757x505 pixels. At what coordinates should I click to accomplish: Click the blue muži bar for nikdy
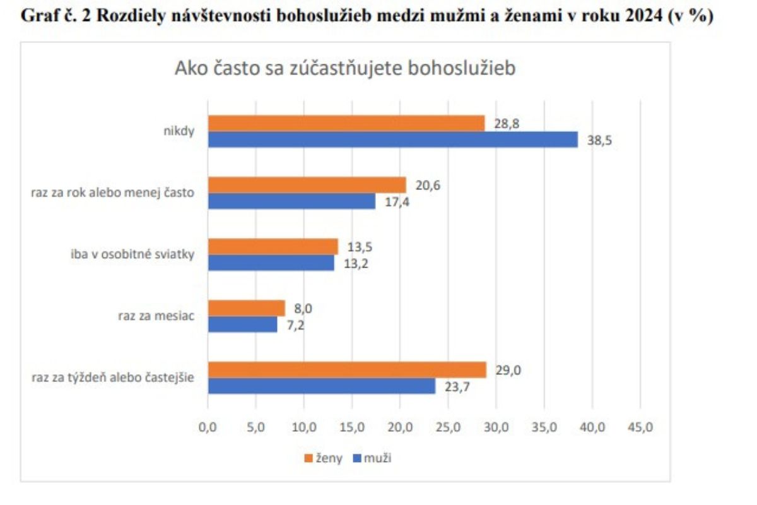click(392, 140)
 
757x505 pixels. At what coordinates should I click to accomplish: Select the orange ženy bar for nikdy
click(346, 123)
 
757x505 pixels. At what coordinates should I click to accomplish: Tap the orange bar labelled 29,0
click(346, 370)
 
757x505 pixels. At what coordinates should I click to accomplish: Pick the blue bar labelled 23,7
click(321, 386)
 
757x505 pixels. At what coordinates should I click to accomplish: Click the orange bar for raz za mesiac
click(246, 308)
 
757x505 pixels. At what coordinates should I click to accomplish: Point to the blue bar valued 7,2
click(242, 324)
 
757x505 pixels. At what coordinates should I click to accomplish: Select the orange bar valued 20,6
click(307, 185)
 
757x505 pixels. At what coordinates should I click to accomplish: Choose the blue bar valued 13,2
click(271, 263)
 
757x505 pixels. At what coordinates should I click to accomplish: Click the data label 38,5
click(600, 140)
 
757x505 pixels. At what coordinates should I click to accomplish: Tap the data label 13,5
click(359, 247)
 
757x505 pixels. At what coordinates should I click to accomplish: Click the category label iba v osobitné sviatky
click(132, 254)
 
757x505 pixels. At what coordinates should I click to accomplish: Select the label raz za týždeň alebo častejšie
click(113, 378)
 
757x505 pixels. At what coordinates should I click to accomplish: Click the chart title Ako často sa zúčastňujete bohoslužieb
click(344, 68)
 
